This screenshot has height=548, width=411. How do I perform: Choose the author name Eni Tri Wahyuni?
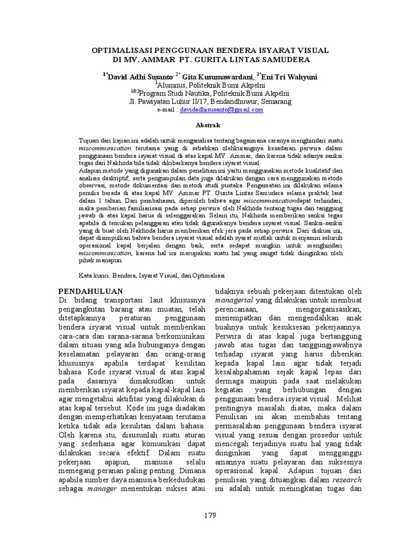pyautogui.click(x=288, y=77)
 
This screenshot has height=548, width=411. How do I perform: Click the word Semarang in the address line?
pyautogui.click(x=275, y=101)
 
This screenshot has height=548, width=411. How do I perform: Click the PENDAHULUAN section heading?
pyautogui.click(x=90, y=291)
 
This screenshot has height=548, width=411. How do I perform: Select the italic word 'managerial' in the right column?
pyautogui.click(x=233, y=301)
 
